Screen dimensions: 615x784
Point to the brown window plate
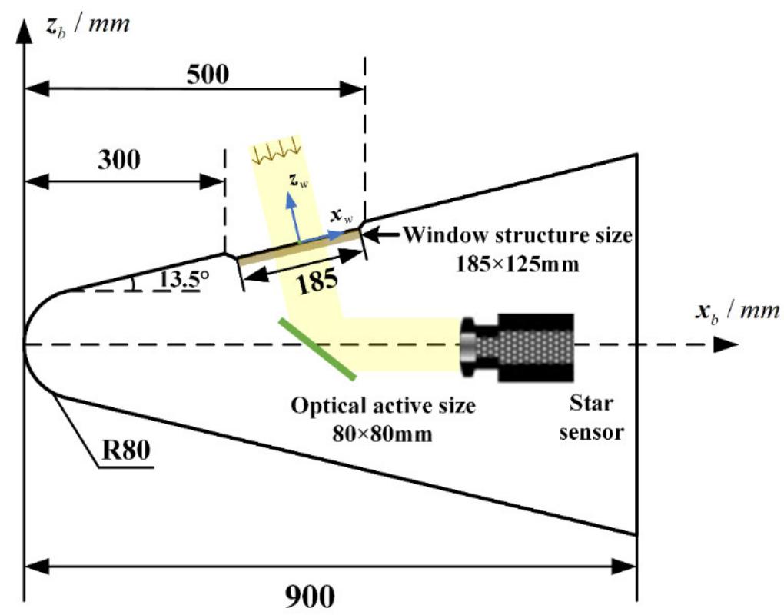coord(299,248)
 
